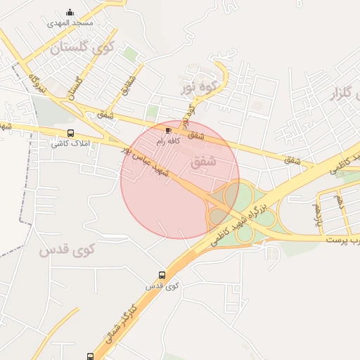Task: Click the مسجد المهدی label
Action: point(70,22)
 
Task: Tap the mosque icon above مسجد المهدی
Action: point(70,12)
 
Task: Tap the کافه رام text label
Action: point(169,141)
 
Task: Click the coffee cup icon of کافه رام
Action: point(168,130)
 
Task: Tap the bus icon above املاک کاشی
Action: point(70,133)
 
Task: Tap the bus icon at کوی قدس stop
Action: point(162,276)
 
